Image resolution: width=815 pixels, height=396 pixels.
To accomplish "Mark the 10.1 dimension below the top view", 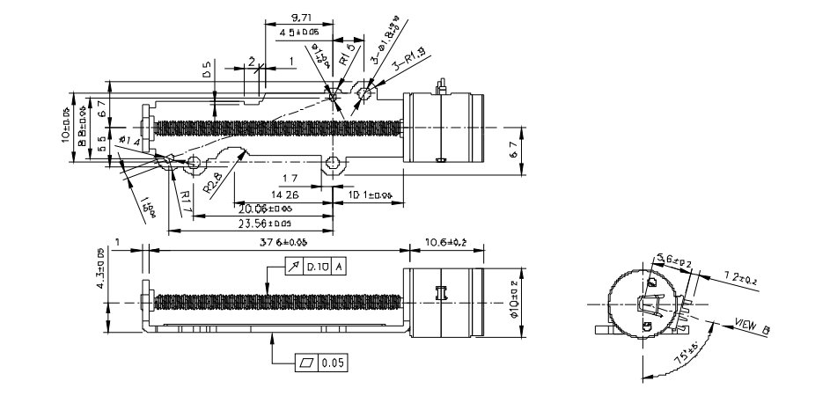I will coord(364,194).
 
